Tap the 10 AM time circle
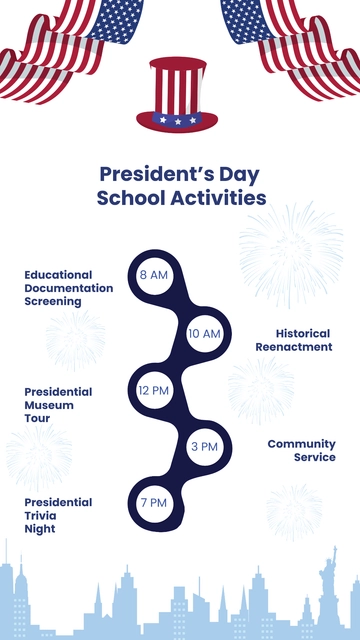[x=204, y=333]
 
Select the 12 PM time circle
[x=154, y=390]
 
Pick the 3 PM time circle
[x=204, y=447]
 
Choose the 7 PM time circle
[x=154, y=503]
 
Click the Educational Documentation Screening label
[x=68, y=287]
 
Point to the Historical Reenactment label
[x=293, y=340]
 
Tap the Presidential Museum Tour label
[x=58, y=405]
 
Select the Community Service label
[x=301, y=450]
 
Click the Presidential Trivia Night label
[x=58, y=515]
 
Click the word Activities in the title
[x=216, y=197]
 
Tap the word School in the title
[x=128, y=197]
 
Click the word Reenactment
[x=293, y=347]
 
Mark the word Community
[x=301, y=443]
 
